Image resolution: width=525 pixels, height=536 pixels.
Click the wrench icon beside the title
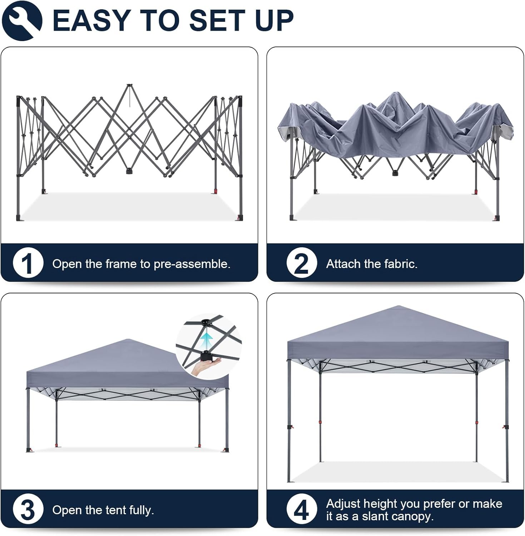pyautogui.click(x=22, y=20)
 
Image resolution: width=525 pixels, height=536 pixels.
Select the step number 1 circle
pyautogui.click(x=28, y=263)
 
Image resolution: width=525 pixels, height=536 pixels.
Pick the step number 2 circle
pyautogui.click(x=302, y=263)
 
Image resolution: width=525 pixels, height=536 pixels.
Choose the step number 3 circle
pyautogui.click(x=28, y=509)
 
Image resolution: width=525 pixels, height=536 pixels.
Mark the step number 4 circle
pyautogui.click(x=302, y=509)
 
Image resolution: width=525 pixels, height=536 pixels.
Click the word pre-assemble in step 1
pyautogui.click(x=192, y=264)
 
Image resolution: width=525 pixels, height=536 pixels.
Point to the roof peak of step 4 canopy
pyautogui.click(x=398, y=306)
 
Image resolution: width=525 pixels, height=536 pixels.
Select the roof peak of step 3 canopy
pyautogui.click(x=128, y=339)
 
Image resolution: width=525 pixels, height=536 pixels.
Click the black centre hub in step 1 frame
pyautogui.click(x=128, y=171)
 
